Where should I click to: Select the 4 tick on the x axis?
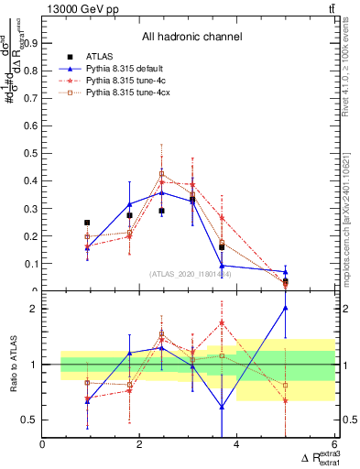point(236,444)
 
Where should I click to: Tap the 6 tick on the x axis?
point(333,444)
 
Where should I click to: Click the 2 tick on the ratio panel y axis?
point(36,309)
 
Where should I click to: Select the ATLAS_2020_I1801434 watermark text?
point(191,274)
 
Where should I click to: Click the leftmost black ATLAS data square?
point(87,223)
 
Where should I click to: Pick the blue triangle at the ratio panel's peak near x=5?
point(285,308)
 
